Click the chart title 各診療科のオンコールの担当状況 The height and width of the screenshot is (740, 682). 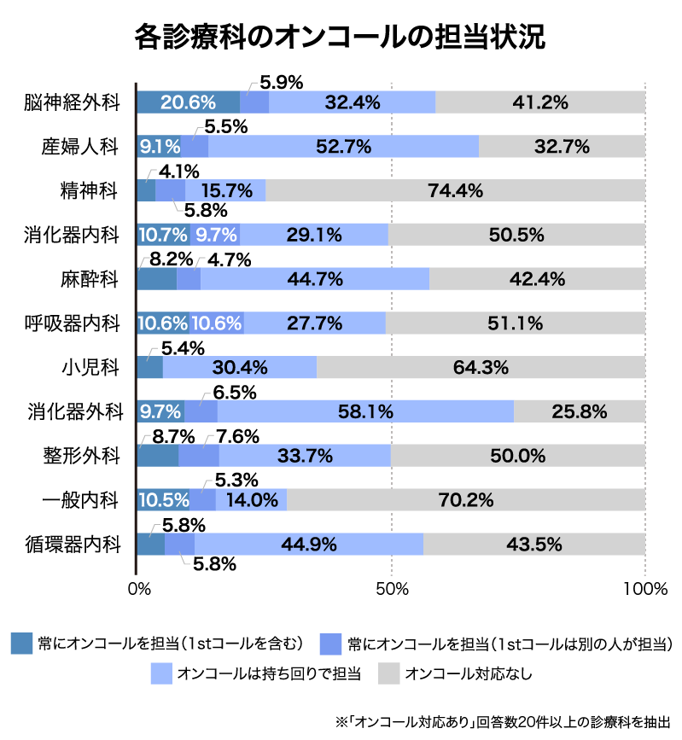[341, 38]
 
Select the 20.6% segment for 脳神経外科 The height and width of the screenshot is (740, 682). [188, 102]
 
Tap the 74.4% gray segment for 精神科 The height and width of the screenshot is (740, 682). [456, 190]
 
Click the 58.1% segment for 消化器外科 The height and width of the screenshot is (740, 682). [365, 411]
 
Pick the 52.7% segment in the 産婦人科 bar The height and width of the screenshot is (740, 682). [343, 146]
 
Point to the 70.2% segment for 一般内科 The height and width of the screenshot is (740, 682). [466, 499]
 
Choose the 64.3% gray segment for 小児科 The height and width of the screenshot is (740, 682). [481, 367]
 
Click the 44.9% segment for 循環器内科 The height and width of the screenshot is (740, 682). [309, 544]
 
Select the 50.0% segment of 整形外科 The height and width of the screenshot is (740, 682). [517, 456]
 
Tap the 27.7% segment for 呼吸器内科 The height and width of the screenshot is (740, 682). [314, 323]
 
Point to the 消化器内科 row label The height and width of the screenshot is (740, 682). [71, 235]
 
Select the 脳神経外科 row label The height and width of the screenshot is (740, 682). [71, 102]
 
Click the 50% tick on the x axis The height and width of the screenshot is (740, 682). [391, 589]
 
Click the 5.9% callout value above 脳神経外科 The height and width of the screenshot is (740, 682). [282, 83]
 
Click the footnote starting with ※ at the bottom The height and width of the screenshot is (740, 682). [504, 720]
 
